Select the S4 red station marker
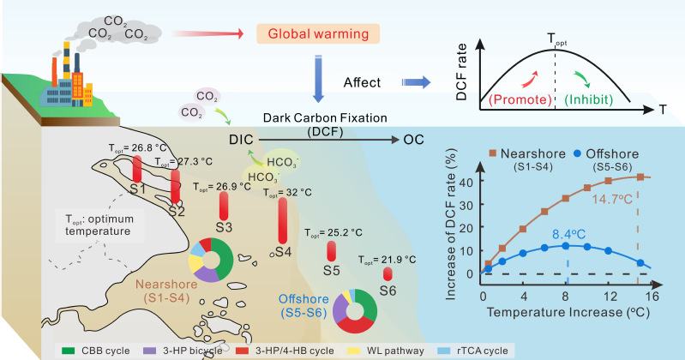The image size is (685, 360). point(283,220)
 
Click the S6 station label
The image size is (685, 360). point(388,291)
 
